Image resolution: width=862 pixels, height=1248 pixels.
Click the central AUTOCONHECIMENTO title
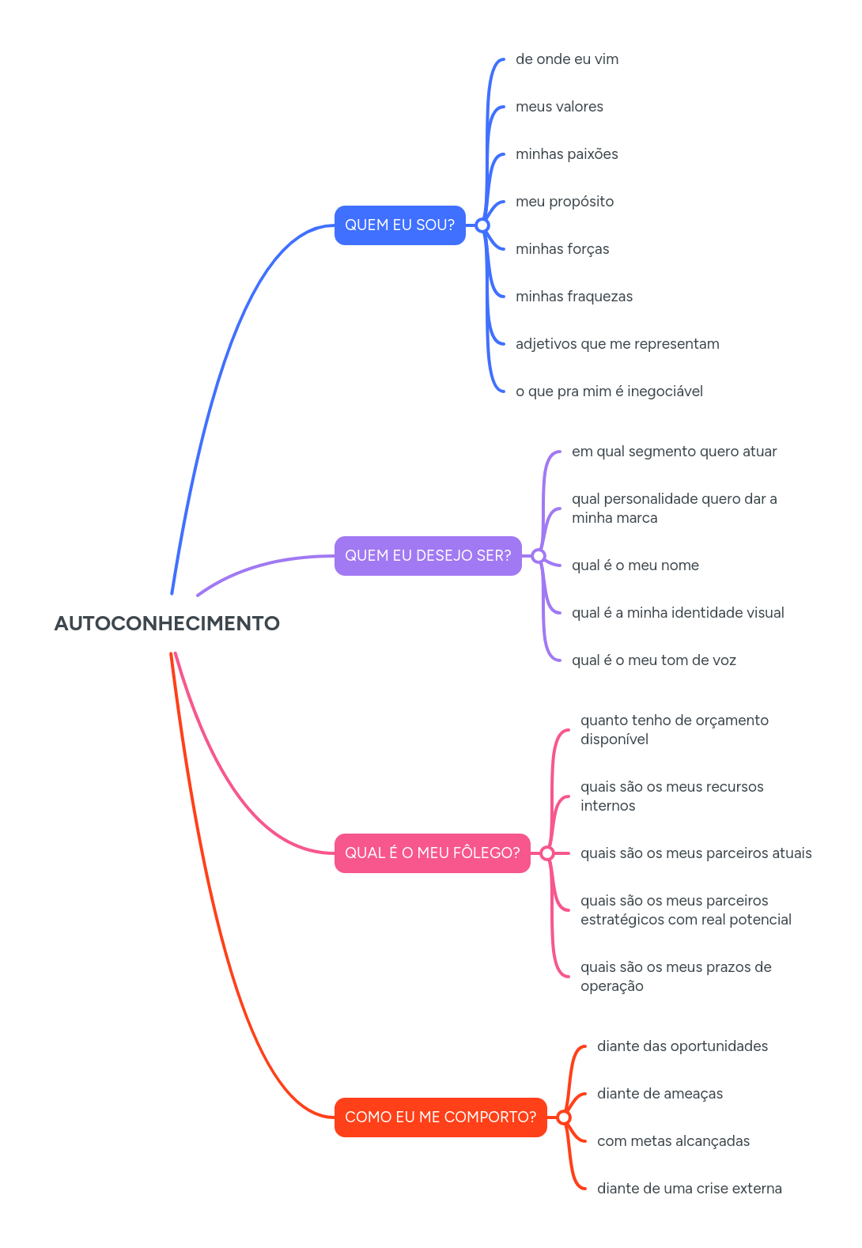167,623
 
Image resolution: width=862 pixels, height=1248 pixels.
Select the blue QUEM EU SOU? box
399,225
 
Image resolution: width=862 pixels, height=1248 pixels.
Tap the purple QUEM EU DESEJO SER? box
428,556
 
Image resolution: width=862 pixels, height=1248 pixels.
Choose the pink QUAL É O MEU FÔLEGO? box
432,853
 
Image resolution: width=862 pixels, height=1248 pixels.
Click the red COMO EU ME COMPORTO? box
440,1118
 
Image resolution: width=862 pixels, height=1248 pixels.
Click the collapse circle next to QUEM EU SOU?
482,225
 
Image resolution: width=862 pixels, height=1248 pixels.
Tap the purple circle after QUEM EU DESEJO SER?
539,556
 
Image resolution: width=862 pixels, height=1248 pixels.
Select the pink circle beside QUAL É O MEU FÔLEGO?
547,853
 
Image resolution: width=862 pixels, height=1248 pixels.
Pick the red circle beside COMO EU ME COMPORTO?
564,1118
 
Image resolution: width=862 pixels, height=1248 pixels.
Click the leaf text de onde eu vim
567,59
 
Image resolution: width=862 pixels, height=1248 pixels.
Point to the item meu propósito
565,202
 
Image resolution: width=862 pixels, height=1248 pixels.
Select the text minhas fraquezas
574,297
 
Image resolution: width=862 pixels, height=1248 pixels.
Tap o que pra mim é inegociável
609,391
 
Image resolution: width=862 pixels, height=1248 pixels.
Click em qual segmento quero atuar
674,452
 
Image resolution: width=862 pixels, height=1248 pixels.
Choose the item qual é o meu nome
635,565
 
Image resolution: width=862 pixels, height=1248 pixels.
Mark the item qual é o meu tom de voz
654,660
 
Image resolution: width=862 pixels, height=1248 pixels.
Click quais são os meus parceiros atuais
696,853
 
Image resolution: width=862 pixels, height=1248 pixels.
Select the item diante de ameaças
660,1094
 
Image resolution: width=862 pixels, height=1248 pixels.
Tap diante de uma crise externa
689,1189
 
